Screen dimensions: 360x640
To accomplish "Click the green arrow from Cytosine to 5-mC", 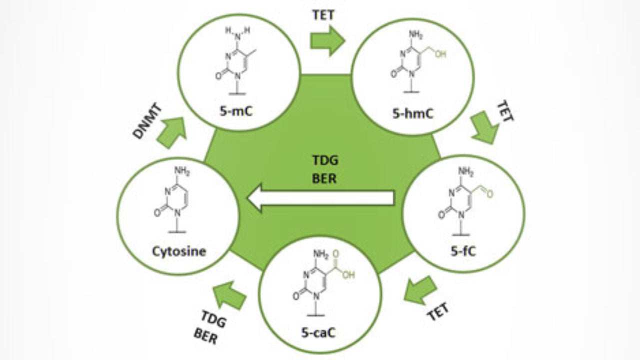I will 171,133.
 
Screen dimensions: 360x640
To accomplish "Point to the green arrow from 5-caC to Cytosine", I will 229,295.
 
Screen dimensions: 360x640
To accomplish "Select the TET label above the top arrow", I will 324,15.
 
